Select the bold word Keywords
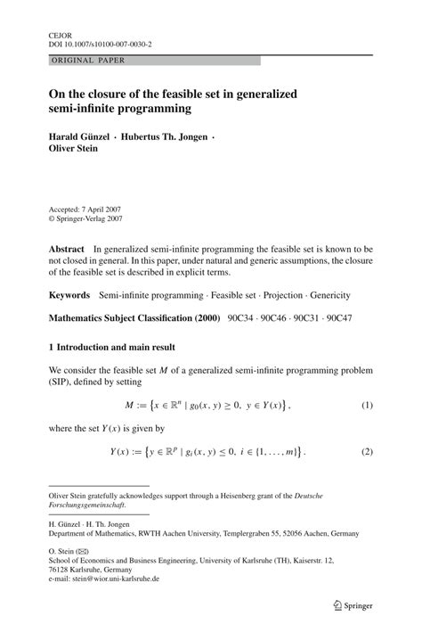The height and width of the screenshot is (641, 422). (69, 294)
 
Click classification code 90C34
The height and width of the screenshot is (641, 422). (243, 318)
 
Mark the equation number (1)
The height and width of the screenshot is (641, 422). (366, 406)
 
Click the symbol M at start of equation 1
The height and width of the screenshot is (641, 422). (129, 406)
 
